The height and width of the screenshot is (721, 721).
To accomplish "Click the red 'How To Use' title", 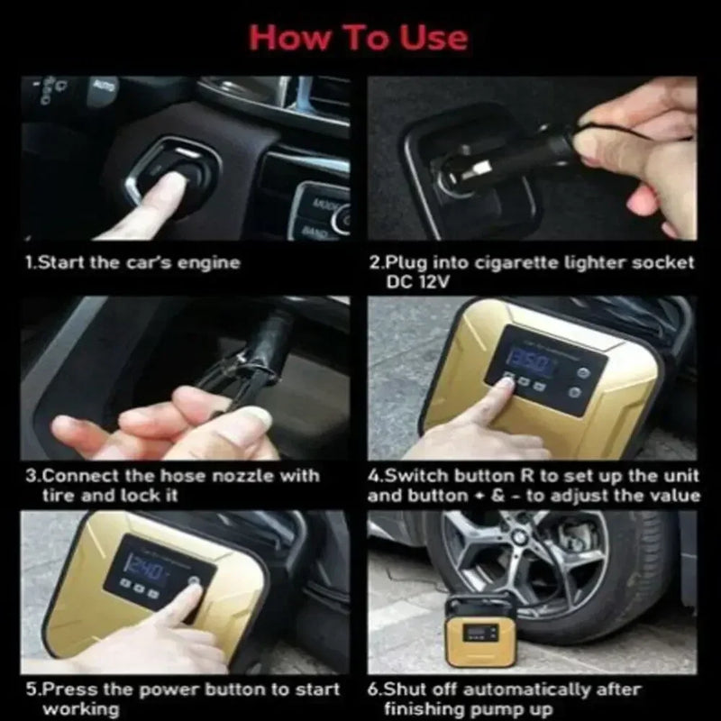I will coord(359,37).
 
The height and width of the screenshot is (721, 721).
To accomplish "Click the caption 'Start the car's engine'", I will coord(132,263).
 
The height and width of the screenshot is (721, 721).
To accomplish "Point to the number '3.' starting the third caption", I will coord(32,476).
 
